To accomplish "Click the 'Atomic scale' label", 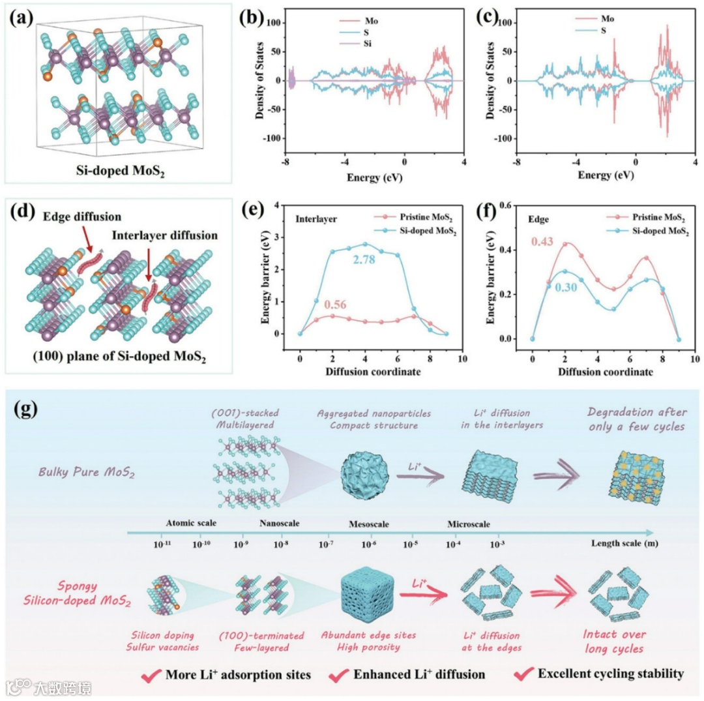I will pyautogui.click(x=191, y=524).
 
